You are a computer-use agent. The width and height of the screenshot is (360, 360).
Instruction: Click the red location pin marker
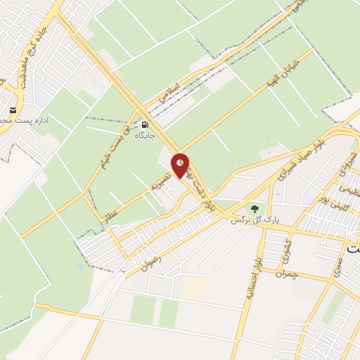click(181, 164)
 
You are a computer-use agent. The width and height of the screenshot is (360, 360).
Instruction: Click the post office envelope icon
click(13, 110)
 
